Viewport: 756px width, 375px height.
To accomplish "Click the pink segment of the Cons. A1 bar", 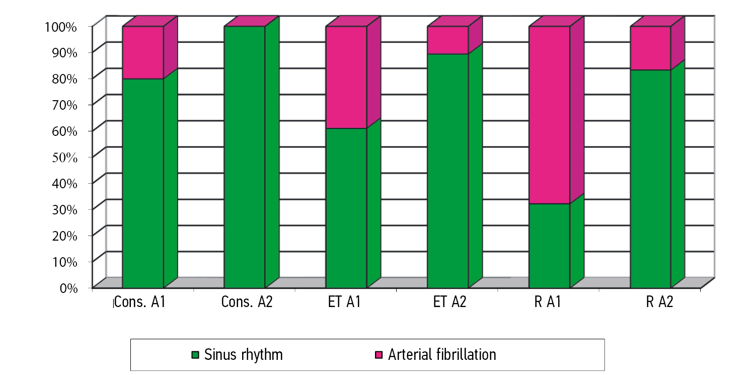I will click(x=143, y=52).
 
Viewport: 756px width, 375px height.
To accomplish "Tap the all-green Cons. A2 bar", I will click(x=245, y=157).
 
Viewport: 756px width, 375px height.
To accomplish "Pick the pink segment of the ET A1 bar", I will click(x=346, y=77).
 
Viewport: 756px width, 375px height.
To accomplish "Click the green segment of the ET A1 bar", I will click(x=346, y=207).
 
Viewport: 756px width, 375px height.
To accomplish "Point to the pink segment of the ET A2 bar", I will click(x=447, y=40).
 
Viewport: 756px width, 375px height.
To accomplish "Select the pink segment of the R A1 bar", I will click(x=550, y=115).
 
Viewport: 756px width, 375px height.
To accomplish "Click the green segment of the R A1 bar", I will click(x=550, y=245).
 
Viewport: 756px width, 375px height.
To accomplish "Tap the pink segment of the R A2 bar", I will click(x=651, y=48).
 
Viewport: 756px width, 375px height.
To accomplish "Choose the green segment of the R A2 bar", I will click(x=651, y=178).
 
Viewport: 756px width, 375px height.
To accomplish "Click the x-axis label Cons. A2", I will click(x=247, y=304).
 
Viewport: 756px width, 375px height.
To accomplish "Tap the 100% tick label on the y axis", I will click(x=59, y=27).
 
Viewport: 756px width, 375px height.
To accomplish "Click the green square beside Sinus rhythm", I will click(x=196, y=355).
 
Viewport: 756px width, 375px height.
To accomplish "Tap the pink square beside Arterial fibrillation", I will click(x=380, y=355).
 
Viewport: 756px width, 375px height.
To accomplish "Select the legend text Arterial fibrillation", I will click(x=442, y=355).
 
